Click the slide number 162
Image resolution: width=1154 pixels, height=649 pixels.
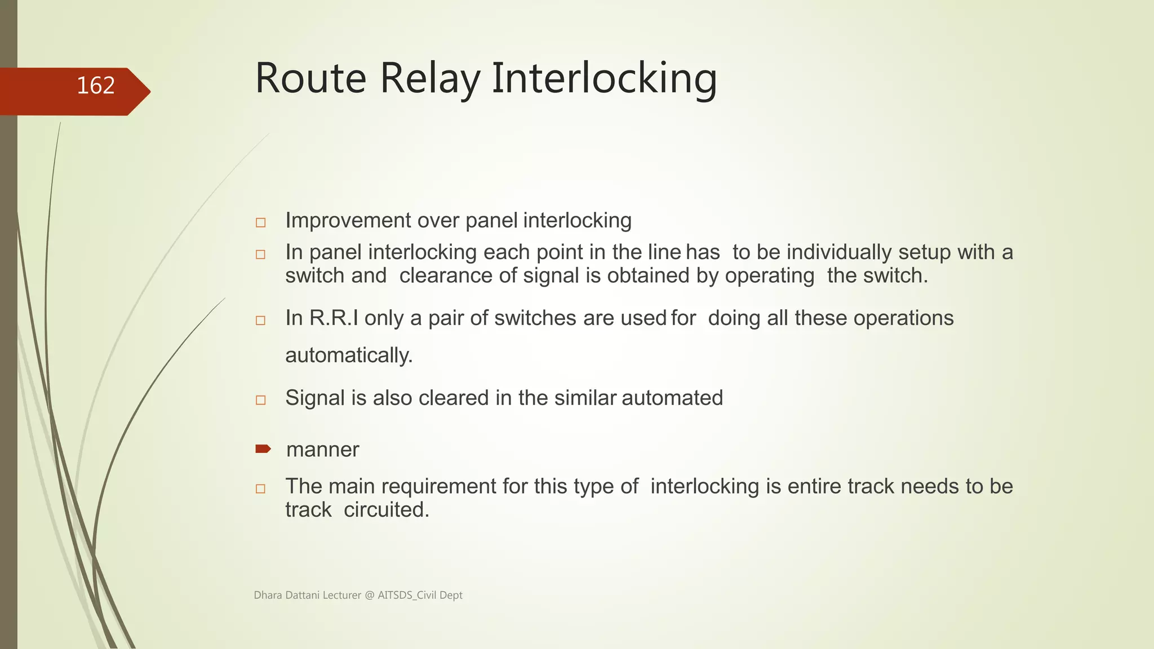(95, 86)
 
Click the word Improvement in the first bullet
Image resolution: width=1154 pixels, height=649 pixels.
(348, 220)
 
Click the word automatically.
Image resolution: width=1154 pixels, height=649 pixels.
(349, 355)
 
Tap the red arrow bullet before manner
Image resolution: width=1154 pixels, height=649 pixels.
(263, 449)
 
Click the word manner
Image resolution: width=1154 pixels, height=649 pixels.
(322, 450)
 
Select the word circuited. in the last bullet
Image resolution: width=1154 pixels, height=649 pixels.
(387, 510)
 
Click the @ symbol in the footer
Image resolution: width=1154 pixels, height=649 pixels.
(369, 595)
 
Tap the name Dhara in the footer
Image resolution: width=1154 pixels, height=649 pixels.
(268, 595)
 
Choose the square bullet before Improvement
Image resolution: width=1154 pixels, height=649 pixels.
(260, 223)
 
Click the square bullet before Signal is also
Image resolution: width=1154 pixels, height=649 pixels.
(260, 400)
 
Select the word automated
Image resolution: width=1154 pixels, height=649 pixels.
(672, 398)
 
